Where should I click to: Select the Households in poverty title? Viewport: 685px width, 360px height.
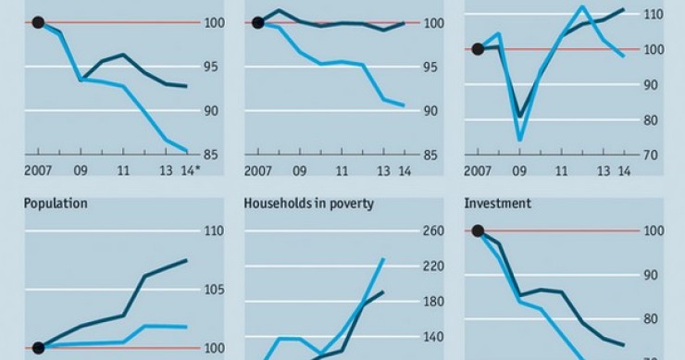308,203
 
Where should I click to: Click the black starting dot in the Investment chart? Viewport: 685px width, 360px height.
479,231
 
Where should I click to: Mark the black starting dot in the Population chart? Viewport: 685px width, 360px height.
38,348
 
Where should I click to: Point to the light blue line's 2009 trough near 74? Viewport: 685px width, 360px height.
520,140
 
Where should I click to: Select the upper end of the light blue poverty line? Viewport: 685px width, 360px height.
383,259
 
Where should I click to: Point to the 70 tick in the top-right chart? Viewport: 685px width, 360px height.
652,155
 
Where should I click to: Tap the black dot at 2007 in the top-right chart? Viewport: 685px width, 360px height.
479,49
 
